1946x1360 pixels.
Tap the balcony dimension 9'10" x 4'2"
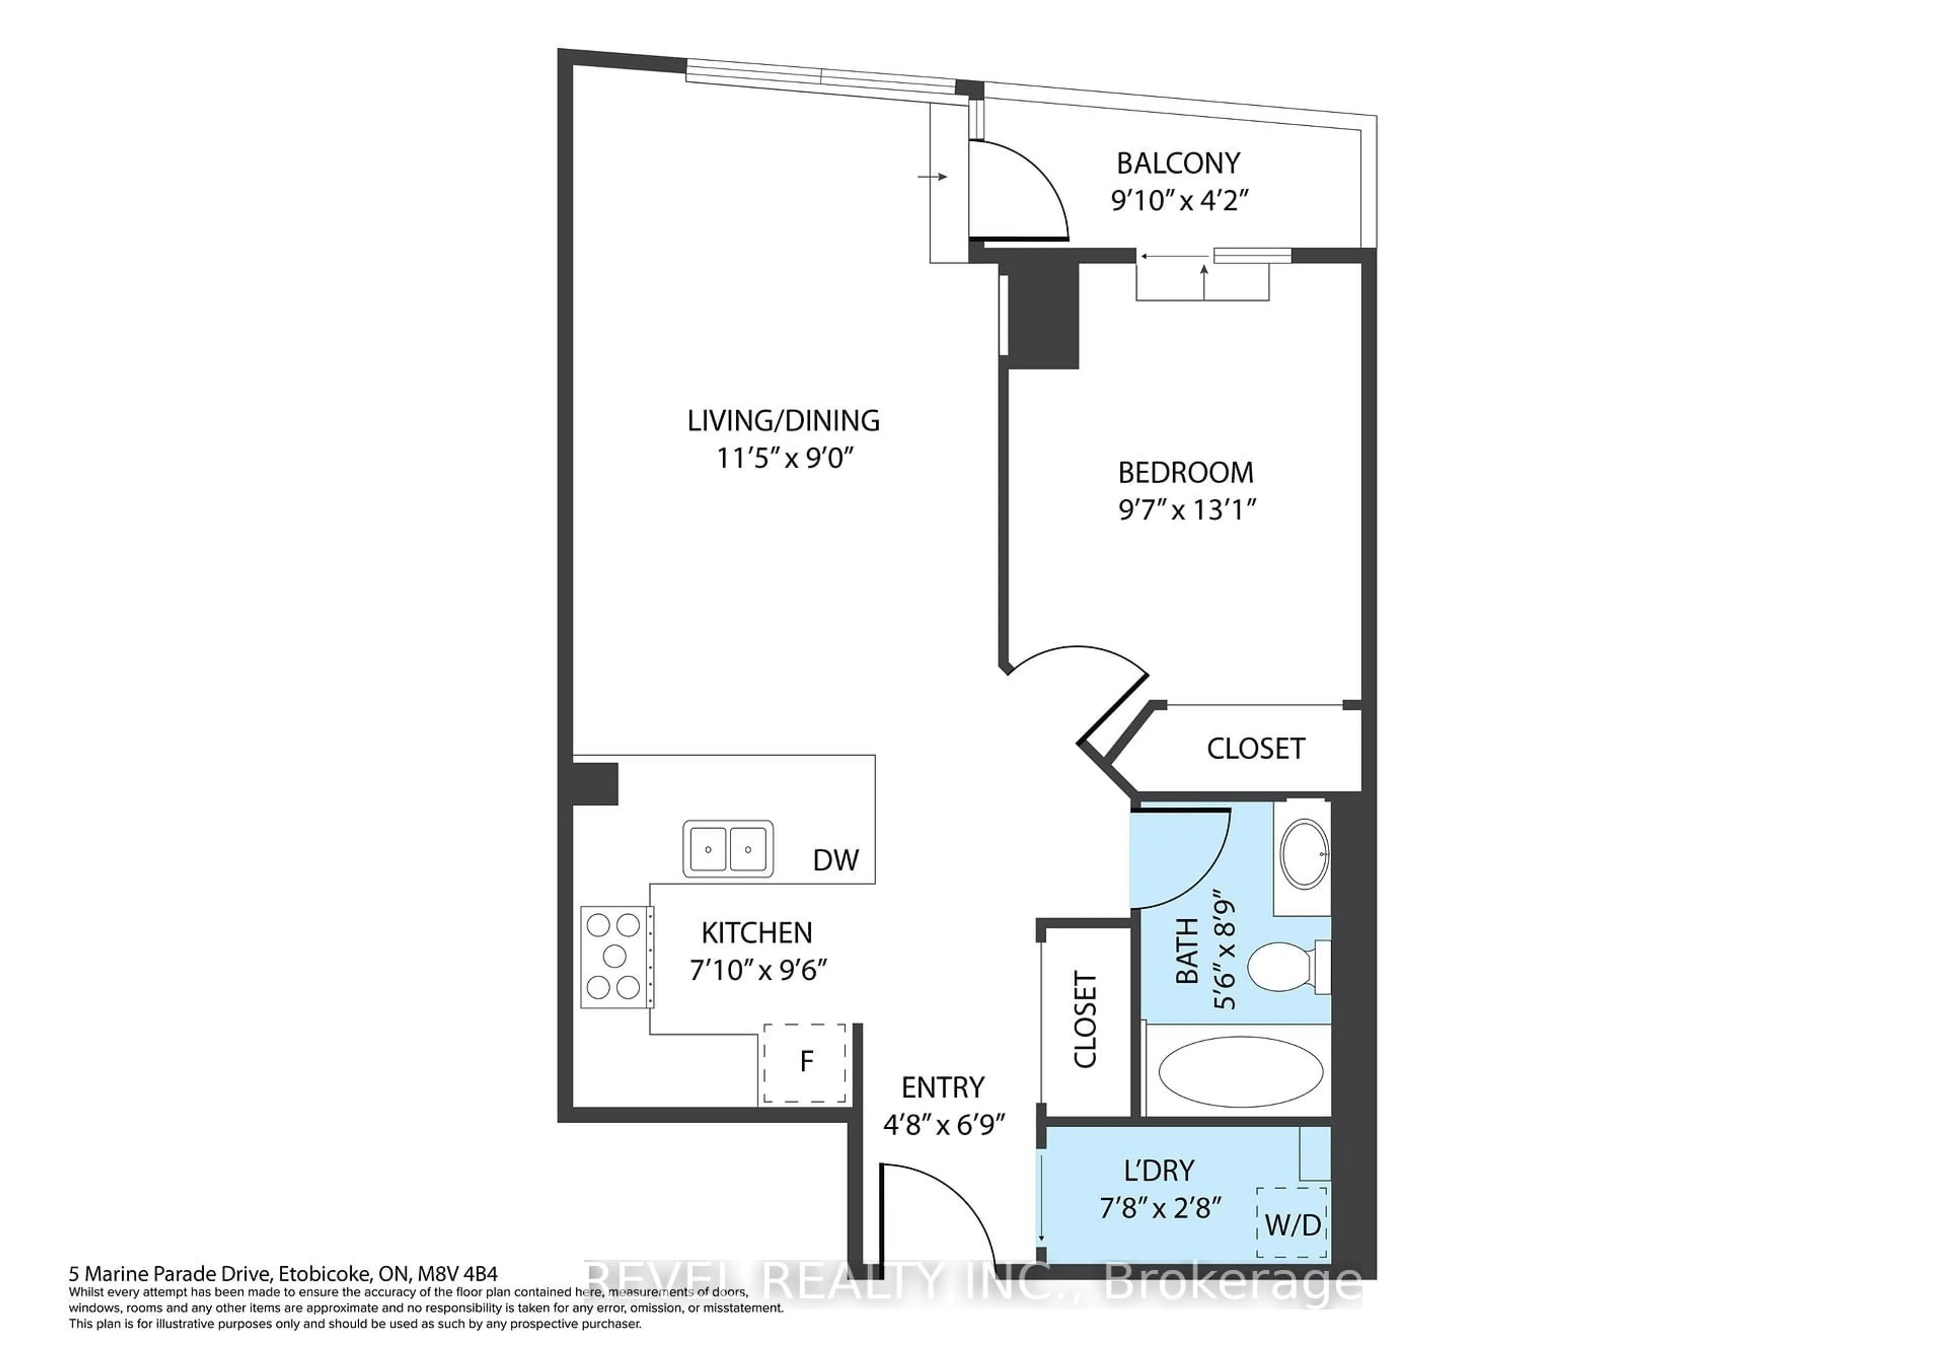pos(1180,201)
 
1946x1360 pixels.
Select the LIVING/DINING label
pos(783,420)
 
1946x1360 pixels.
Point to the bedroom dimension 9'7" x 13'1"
pos(1186,510)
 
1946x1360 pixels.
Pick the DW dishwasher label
pos(836,861)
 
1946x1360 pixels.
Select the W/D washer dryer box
pos(1292,1224)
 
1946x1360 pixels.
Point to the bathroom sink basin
pos(1303,854)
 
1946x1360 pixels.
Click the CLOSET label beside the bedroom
pos(1255,748)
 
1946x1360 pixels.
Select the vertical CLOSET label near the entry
pos(1086,1020)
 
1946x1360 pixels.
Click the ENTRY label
pos(943,1088)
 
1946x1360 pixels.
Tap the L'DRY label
pos(1158,1171)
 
